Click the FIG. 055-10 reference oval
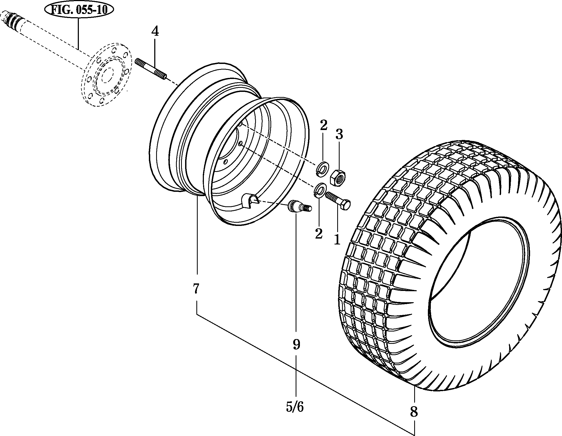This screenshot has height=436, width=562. pyautogui.click(x=79, y=10)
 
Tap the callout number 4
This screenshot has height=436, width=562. pyautogui.click(x=155, y=32)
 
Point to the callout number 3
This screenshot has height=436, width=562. pyautogui.click(x=339, y=134)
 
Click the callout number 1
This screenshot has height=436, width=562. pyautogui.click(x=337, y=239)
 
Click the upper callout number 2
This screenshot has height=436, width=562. pyautogui.click(x=324, y=125)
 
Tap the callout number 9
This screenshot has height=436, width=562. pyautogui.click(x=296, y=344)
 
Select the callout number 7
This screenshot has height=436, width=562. pyautogui.click(x=196, y=289)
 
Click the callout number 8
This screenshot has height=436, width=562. pyautogui.click(x=414, y=411)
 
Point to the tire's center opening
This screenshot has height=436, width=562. pyautogui.click(x=477, y=282)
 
